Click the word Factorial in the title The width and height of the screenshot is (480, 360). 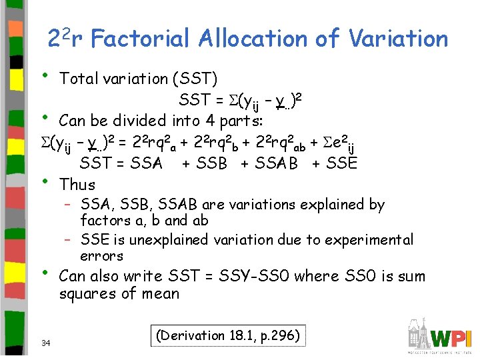pyautogui.click(x=137, y=39)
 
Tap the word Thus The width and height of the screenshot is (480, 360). pyautogui.click(x=77, y=184)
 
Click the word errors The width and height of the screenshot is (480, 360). pyautogui.click(x=101, y=256)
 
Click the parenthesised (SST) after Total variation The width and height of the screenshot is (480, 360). pyautogui.click(x=194, y=79)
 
